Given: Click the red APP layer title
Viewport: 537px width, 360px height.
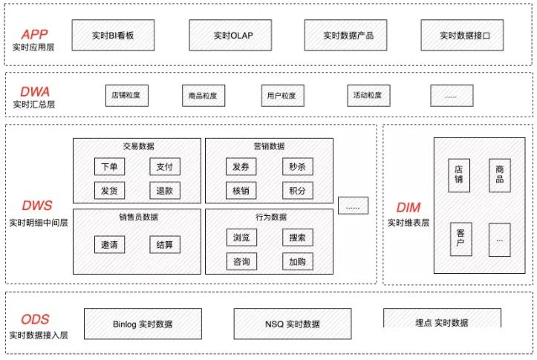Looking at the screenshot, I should (35, 34).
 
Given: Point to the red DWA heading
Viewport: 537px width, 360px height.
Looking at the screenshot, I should (35, 91).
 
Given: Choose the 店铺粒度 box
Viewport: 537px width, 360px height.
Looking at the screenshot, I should (126, 95).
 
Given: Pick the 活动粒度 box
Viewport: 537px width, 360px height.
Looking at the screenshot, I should (368, 95).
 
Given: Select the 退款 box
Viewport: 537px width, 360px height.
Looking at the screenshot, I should (164, 190).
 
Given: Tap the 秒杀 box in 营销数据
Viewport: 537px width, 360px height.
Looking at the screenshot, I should (297, 168).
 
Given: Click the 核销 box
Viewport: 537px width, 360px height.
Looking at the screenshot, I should (241, 190).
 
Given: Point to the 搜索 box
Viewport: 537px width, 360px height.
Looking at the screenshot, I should (297, 238).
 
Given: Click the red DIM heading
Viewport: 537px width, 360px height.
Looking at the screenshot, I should (409, 208).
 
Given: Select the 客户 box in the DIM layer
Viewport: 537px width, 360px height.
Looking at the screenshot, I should (460, 239).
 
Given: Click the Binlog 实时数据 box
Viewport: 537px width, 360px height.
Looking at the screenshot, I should (143, 324).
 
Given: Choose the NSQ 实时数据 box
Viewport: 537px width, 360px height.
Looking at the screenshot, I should (293, 324).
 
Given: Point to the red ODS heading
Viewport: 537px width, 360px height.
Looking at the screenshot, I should (35, 320).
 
